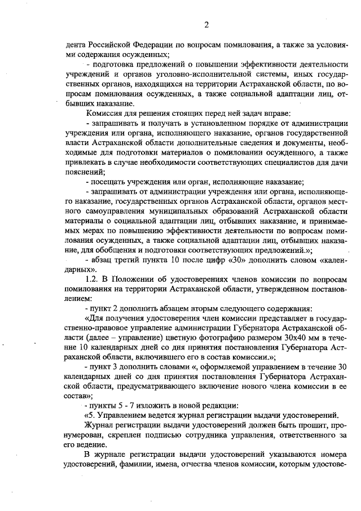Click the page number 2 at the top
206,24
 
